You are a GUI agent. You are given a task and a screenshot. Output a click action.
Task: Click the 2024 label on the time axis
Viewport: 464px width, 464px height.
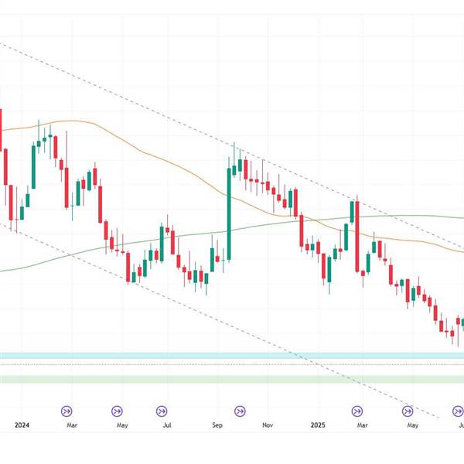tap(22, 425)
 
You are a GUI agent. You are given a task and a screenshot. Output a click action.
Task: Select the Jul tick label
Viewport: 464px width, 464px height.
tap(167, 425)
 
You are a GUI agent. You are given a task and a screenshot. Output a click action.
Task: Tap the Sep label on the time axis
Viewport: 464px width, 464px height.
tap(217, 425)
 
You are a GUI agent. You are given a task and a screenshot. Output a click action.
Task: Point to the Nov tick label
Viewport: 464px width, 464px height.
tap(268, 425)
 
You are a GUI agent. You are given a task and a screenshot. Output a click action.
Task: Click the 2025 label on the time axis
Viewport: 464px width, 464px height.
tap(318, 425)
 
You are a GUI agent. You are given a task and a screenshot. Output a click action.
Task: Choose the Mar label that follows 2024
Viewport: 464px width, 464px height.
tap(71, 425)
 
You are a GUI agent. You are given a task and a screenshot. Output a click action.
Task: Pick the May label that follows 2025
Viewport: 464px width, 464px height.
tap(412, 425)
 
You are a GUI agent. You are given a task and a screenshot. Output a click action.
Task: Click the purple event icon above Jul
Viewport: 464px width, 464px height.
tap(162, 411)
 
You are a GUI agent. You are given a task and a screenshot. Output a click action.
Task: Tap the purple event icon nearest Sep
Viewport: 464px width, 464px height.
tap(240, 411)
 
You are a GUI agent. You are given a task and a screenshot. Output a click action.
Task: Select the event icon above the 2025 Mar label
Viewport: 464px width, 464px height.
tap(358, 411)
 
